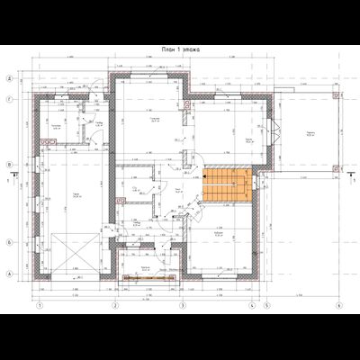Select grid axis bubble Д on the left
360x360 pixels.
[10, 79]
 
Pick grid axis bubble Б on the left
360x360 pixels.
[10, 242]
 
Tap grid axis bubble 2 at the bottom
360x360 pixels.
[115, 305]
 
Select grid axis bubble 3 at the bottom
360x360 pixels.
[183, 305]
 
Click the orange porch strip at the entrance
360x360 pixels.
[148, 277]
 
